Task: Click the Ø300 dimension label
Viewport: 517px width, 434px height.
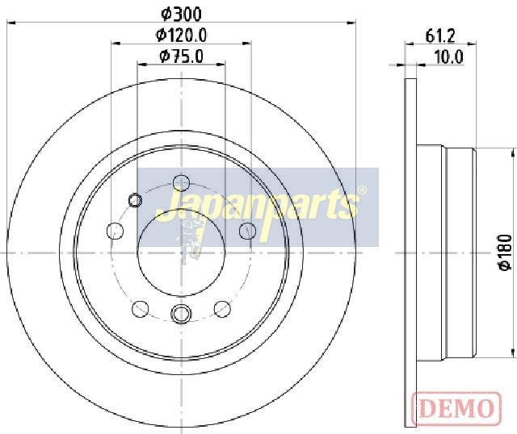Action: pyautogui.click(x=181, y=14)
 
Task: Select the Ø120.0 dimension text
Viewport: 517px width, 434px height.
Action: pyautogui.click(x=181, y=35)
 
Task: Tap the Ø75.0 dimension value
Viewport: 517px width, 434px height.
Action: pyautogui.click(x=181, y=56)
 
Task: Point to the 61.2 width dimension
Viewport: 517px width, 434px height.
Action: pyautogui.click(x=440, y=35)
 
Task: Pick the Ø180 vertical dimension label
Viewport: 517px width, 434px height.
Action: pyautogui.click(x=506, y=252)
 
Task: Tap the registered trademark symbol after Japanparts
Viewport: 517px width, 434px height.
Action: pyautogui.click(x=362, y=190)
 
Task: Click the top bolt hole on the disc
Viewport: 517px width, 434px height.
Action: pyautogui.click(x=181, y=183)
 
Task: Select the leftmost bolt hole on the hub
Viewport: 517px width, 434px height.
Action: pyautogui.click(x=115, y=231)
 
